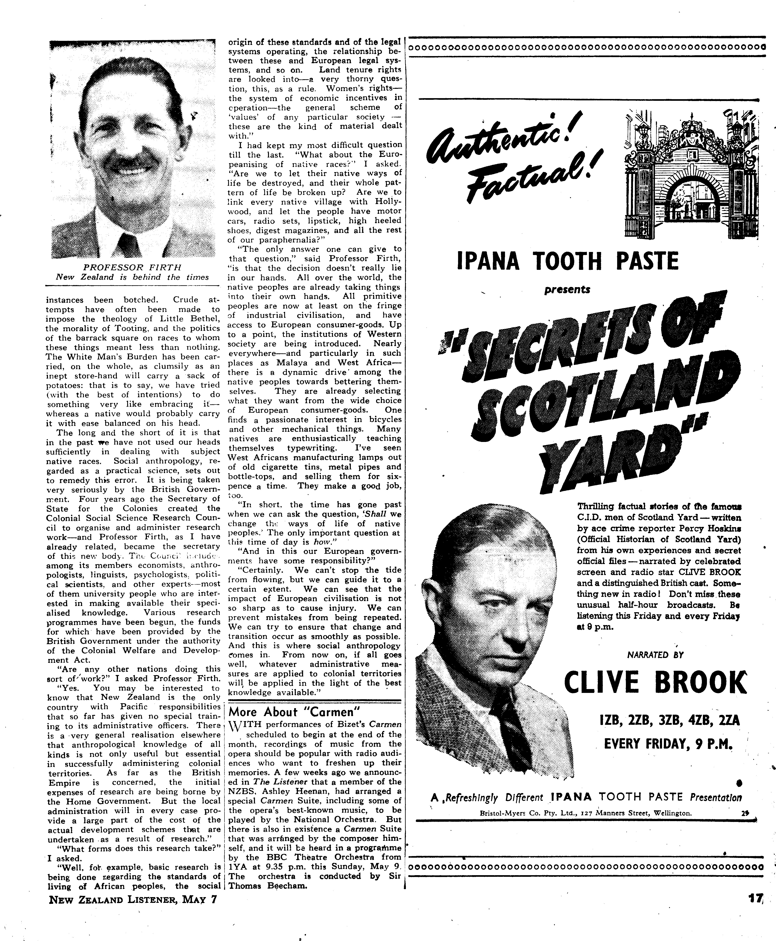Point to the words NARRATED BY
(x=655, y=655)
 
